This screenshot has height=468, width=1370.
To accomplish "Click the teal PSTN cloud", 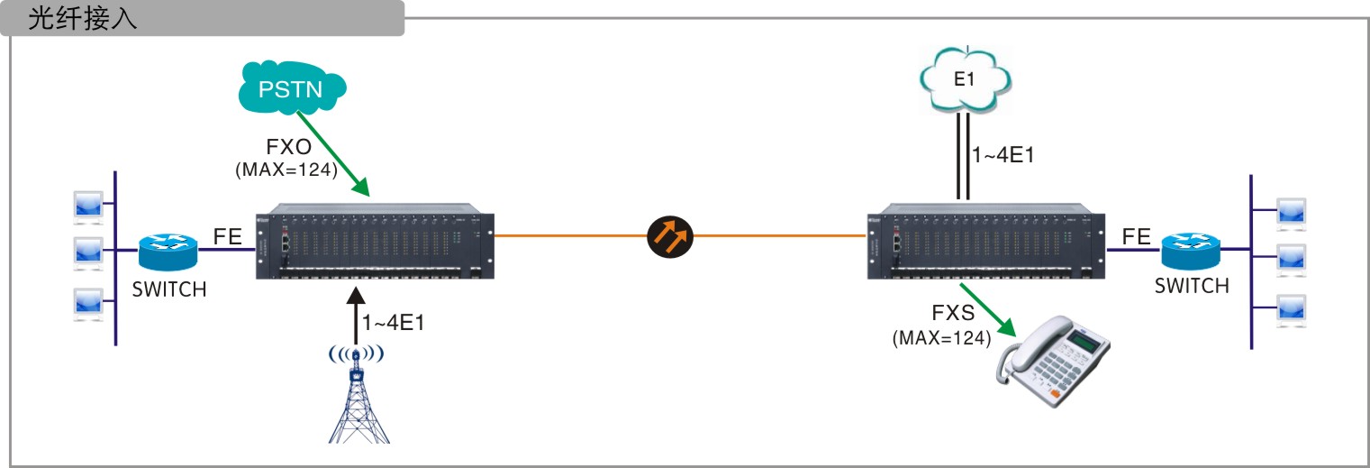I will (290, 88).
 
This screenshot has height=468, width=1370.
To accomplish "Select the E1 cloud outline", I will (965, 79).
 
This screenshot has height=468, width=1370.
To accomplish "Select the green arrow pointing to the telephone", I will (990, 311).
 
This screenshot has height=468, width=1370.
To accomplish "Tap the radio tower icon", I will (358, 397).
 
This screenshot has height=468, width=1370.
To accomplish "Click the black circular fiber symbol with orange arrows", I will (672, 236).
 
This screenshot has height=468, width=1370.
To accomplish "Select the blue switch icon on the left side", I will (168, 251).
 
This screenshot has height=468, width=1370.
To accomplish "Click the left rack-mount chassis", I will (375, 245).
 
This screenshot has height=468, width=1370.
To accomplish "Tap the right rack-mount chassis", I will (985, 245).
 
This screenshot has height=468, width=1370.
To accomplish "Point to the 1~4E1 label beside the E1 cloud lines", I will (1003, 154).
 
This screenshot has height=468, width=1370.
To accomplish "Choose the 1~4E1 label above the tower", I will (393, 323).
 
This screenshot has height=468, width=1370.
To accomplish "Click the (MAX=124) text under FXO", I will (286, 169).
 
